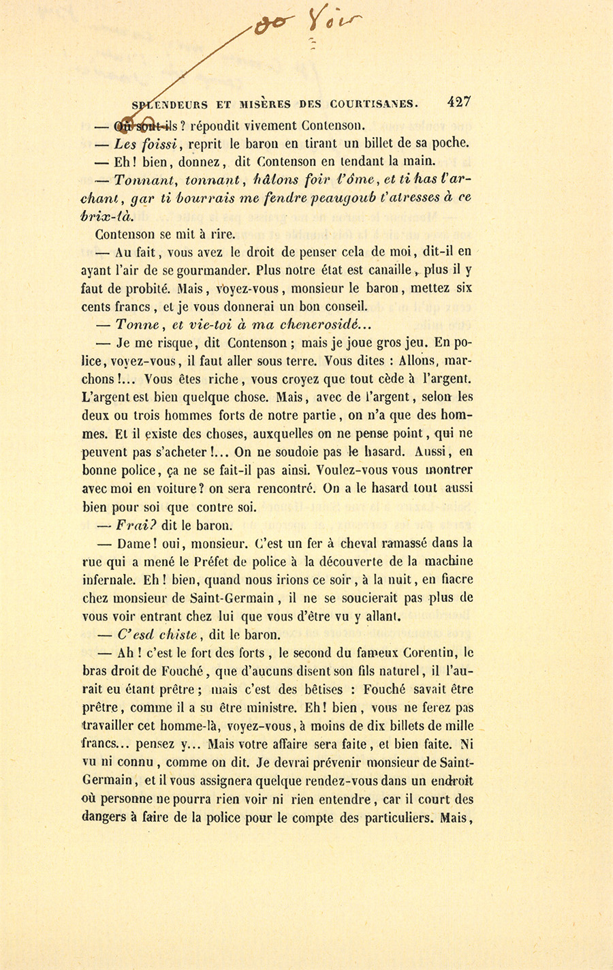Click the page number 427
click(458, 103)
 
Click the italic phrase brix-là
click(106, 215)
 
